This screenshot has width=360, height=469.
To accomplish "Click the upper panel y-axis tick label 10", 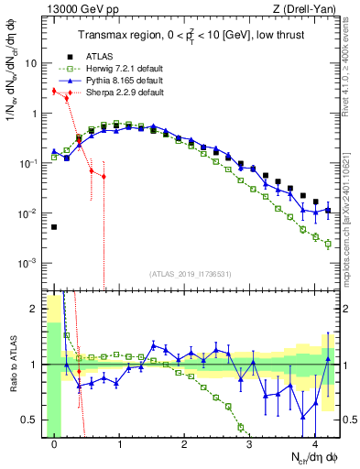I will coord(31,64).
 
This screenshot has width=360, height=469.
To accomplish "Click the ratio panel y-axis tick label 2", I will coord(35,309).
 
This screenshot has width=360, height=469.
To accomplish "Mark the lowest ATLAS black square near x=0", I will coord(54,227).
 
